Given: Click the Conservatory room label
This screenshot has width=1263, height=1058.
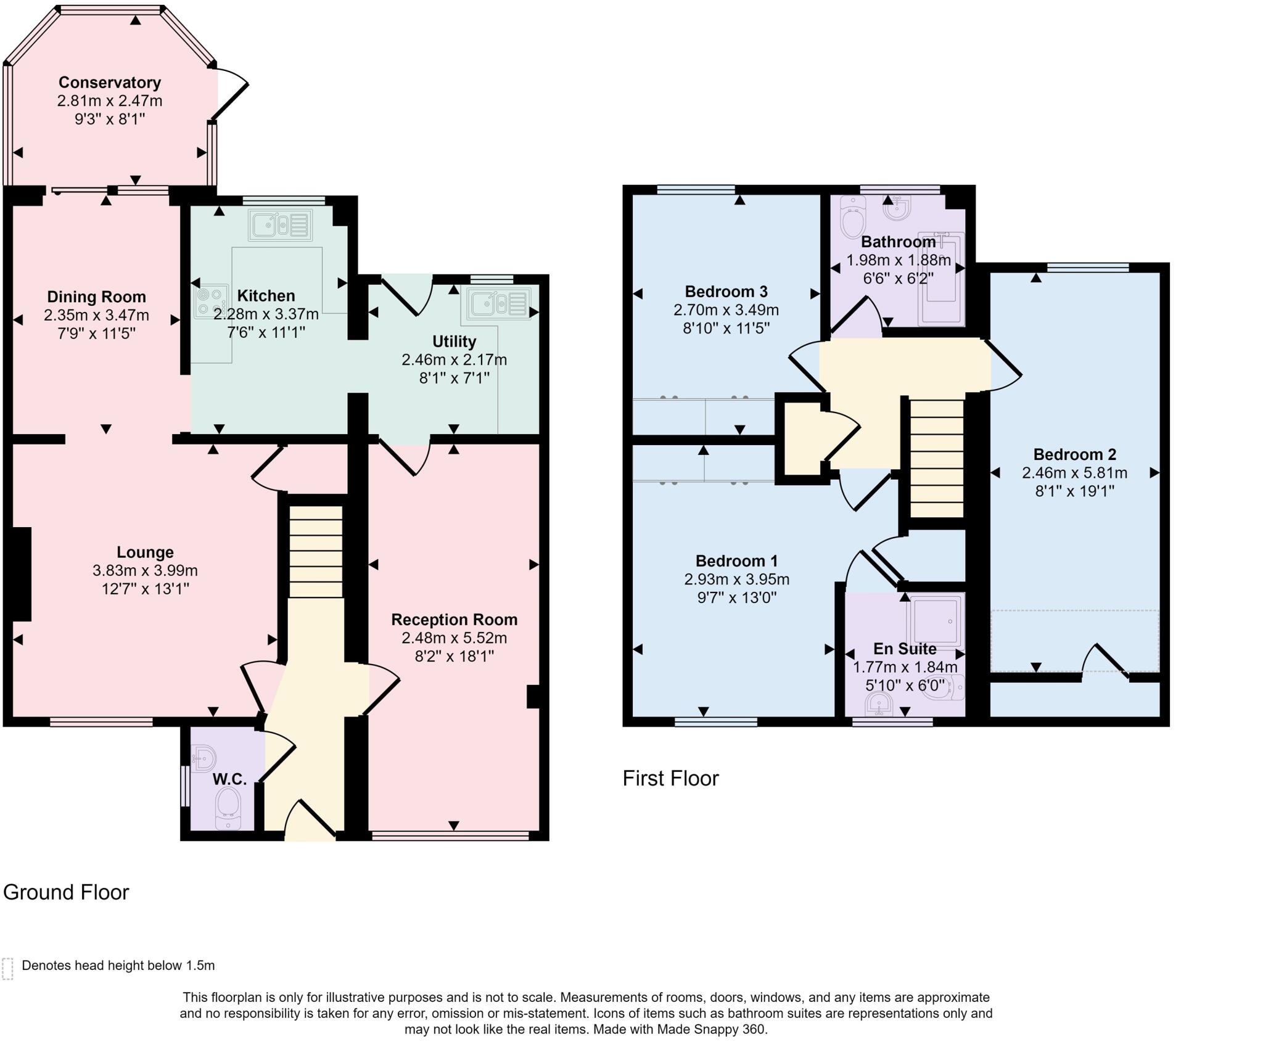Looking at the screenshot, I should click(x=110, y=83).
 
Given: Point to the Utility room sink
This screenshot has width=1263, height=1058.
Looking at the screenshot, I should click(x=498, y=303).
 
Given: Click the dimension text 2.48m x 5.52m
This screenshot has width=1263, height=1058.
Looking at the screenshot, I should click(x=454, y=638).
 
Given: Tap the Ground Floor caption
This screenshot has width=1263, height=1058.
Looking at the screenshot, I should click(x=66, y=892).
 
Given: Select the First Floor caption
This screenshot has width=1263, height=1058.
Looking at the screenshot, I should click(x=670, y=778).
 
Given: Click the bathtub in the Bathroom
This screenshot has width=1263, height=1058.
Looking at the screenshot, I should click(x=940, y=279).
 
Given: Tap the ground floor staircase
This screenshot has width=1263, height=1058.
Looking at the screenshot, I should click(x=316, y=551).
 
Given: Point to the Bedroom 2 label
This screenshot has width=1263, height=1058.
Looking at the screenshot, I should click(x=1074, y=454).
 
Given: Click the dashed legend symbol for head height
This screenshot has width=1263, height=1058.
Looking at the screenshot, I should click(x=7, y=969).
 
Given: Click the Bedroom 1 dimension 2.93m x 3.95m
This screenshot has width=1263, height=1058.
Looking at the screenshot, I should click(x=736, y=579).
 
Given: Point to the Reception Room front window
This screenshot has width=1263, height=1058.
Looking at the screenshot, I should click(x=450, y=835).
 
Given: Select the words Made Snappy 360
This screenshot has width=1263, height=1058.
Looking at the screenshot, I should click(x=710, y=1029).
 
